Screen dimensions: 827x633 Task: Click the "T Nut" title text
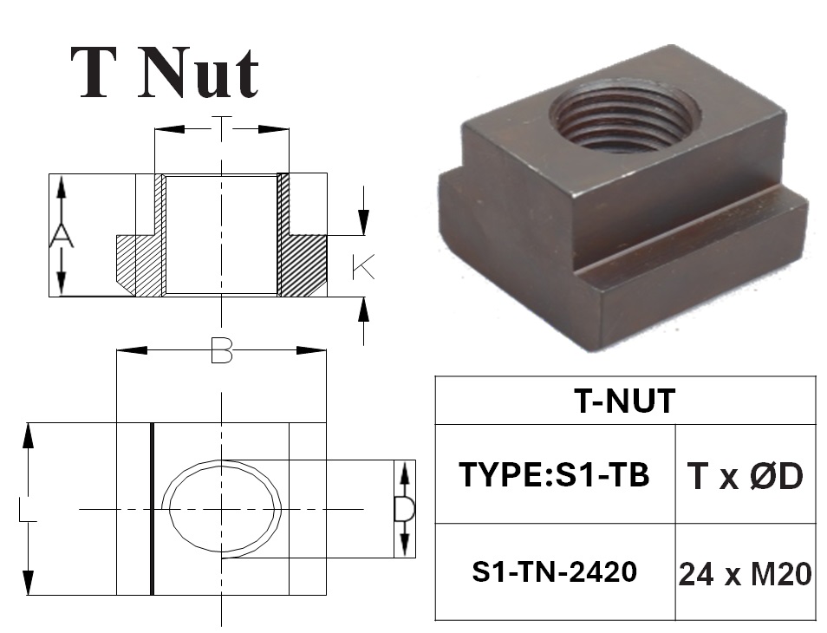pyautogui.click(x=165, y=74)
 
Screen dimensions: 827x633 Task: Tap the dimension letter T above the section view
pyautogui.click(x=222, y=127)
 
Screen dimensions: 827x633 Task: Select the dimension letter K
pyautogui.click(x=363, y=267)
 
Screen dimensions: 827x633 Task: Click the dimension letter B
pyautogui.click(x=222, y=351)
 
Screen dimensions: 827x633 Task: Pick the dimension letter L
pyautogui.click(x=28, y=510)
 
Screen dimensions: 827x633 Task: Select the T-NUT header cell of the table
pyautogui.click(x=625, y=401)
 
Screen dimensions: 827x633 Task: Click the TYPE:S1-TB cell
pyautogui.click(x=555, y=474)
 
